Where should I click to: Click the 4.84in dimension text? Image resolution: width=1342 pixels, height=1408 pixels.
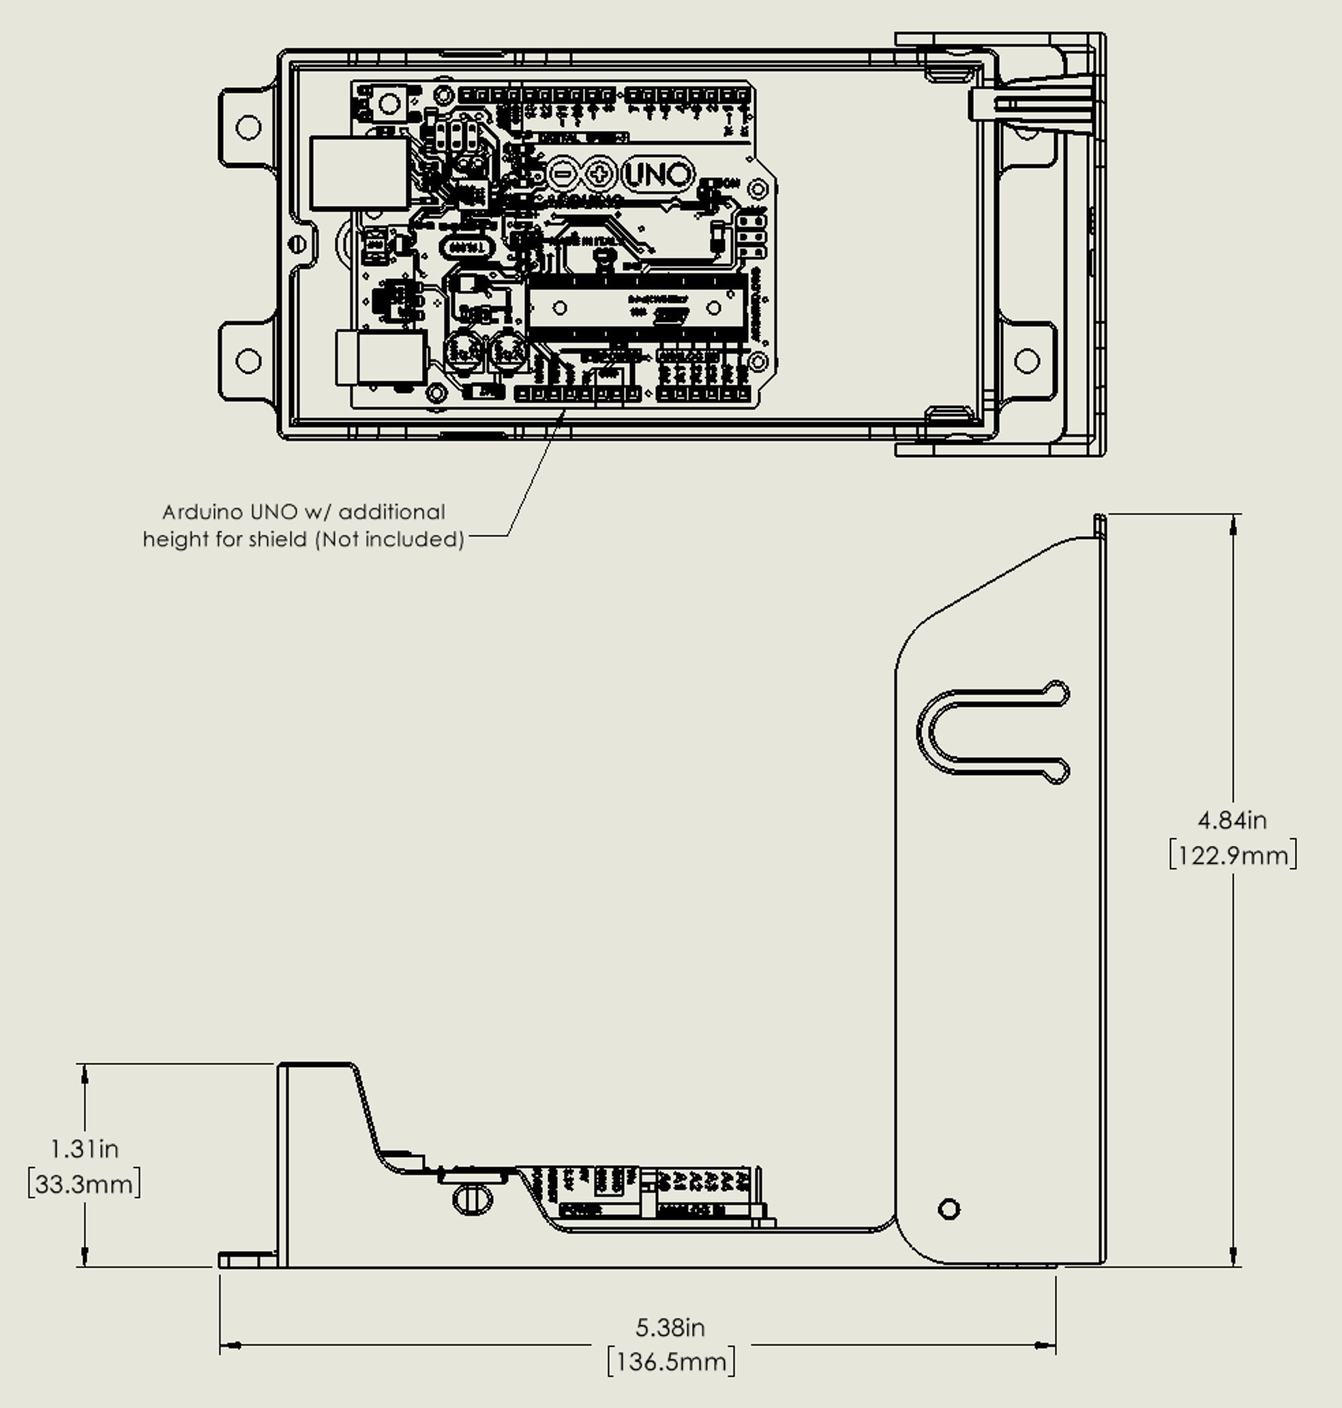(x=1232, y=820)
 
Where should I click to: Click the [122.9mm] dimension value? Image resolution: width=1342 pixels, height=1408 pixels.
(x=1233, y=855)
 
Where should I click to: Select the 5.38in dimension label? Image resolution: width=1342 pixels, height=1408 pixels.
(x=670, y=1328)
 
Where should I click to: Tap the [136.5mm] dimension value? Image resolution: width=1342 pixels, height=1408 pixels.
(x=670, y=1362)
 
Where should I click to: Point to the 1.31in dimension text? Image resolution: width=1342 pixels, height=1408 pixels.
(x=85, y=1149)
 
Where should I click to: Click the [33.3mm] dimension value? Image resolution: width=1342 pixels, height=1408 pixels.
(x=85, y=1184)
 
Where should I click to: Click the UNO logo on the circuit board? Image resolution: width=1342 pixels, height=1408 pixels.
(x=658, y=174)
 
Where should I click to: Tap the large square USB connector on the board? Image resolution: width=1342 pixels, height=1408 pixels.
(x=359, y=173)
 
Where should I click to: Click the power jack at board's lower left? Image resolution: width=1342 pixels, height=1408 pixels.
(x=380, y=357)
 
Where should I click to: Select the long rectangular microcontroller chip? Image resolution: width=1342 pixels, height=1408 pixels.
(x=637, y=308)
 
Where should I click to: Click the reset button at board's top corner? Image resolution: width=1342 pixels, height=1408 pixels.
(x=389, y=105)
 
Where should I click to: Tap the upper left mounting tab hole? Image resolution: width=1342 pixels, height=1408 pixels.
(x=248, y=128)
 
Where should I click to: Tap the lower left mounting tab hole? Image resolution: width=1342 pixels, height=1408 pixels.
(x=248, y=360)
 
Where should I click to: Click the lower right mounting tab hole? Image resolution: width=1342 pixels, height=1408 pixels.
(x=1027, y=360)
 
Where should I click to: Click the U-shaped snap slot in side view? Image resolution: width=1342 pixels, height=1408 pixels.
(x=991, y=733)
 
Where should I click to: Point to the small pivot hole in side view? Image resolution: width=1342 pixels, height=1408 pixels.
(x=949, y=1209)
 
